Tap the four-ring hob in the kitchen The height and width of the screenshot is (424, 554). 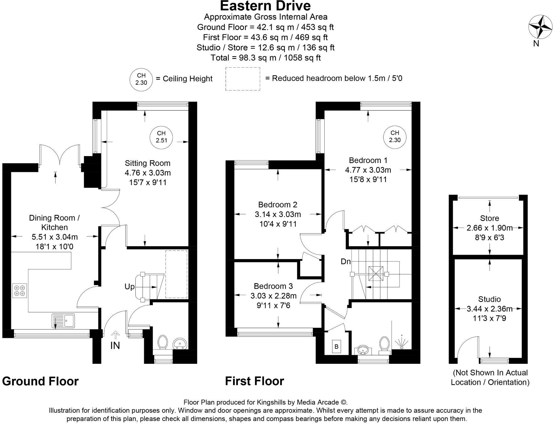pyautogui.click(x=20, y=290)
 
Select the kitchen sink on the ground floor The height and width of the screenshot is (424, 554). pyautogui.click(x=63, y=320)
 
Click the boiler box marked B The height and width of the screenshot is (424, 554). pyautogui.click(x=337, y=347)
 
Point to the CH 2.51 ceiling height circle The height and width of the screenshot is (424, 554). pyautogui.click(x=161, y=137)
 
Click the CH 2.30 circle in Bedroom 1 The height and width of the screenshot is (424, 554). pyautogui.click(x=395, y=137)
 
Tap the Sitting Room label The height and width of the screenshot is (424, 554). pyautogui.click(x=148, y=163)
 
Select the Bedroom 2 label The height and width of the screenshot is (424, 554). pyautogui.click(x=278, y=205)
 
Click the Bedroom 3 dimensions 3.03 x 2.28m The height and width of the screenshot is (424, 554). pyautogui.click(x=274, y=296)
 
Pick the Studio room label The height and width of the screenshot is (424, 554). pyautogui.click(x=489, y=299)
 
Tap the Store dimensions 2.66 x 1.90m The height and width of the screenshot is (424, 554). pyautogui.click(x=490, y=228)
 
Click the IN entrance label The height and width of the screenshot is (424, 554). pyautogui.click(x=115, y=346)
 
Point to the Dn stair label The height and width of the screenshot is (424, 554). pyautogui.click(x=346, y=262)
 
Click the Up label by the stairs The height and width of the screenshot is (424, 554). pyautogui.click(x=129, y=287)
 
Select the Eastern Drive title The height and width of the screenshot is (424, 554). pyautogui.click(x=265, y=6)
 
